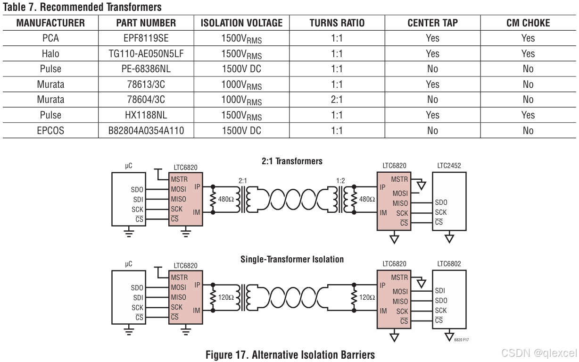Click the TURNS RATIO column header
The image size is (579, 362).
click(337, 23)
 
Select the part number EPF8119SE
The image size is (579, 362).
click(146, 38)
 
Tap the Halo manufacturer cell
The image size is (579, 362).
click(50, 54)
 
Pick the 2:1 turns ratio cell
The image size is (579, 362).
click(337, 100)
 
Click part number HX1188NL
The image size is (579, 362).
click(146, 115)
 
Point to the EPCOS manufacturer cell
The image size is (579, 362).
click(50, 131)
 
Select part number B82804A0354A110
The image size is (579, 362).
click(146, 131)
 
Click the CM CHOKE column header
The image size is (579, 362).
click(528, 23)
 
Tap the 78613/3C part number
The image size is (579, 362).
click(146, 84)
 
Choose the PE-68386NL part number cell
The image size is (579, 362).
click(146, 69)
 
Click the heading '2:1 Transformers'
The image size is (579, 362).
click(292, 161)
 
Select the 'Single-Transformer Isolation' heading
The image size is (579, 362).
click(292, 259)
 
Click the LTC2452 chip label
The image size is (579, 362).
click(449, 166)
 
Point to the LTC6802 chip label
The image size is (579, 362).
click(449, 264)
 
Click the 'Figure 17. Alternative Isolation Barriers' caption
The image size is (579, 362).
click(290, 355)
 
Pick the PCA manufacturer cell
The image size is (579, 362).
click(50, 38)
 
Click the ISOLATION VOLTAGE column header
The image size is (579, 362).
click(241, 23)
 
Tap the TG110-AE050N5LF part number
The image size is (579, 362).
click(146, 54)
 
